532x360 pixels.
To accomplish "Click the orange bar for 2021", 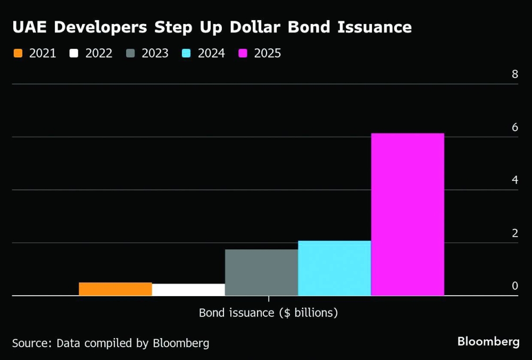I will point(115,289).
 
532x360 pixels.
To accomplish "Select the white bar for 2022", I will point(188,289).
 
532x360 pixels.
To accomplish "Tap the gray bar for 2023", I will point(261,272).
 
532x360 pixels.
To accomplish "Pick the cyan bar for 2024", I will point(334,268).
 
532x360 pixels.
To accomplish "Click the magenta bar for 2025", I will point(408,214).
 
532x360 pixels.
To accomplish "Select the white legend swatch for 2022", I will point(74,53).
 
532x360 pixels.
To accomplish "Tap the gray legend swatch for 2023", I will point(130,53).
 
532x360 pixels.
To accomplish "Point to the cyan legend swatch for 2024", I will point(187,53).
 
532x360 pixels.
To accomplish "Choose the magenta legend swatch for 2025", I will point(243,53).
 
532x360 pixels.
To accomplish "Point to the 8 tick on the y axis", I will point(514,74).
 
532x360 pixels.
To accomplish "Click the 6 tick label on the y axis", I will point(514,127).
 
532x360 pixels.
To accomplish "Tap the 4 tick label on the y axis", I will point(514,180).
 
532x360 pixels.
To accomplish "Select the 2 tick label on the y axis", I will point(514,233).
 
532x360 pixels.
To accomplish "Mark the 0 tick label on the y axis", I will point(514,286).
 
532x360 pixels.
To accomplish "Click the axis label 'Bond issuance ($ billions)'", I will point(268,313).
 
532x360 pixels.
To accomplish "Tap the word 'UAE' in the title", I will point(30,27).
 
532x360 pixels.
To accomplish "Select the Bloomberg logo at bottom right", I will point(488,341).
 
